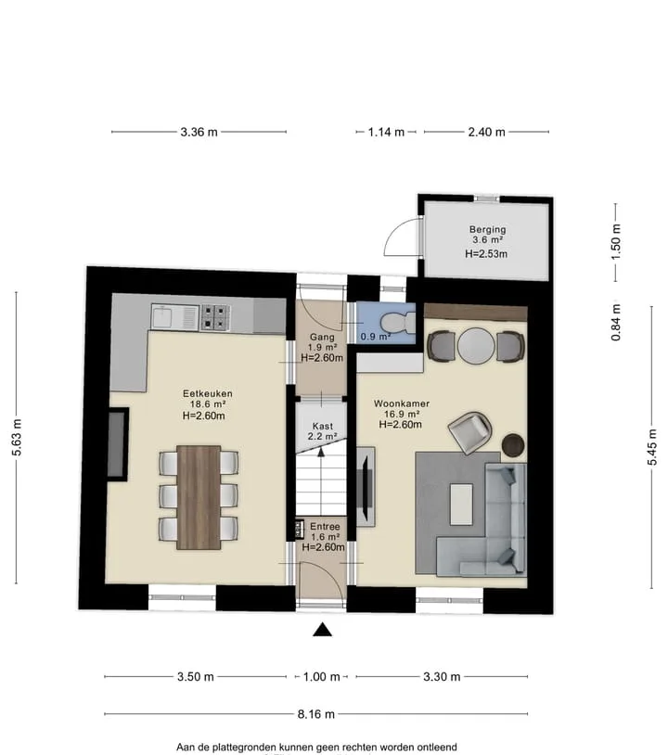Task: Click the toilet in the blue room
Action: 398,322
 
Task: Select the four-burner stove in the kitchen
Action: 215,317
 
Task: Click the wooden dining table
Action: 199,497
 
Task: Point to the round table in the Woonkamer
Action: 476,345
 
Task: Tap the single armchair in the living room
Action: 470,432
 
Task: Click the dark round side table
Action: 513,445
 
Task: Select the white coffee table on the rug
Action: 461,505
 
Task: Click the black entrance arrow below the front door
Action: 322,630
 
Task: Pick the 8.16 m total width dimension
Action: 316,713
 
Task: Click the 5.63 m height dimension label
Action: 17,437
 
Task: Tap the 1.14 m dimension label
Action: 386,132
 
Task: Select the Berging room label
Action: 487,229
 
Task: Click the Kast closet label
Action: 322,426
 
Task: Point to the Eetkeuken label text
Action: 207,393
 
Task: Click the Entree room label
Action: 325,526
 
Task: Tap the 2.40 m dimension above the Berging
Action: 486,132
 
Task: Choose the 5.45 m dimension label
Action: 651,447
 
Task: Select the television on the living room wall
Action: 367,486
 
